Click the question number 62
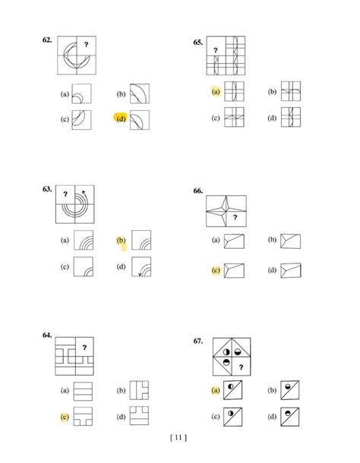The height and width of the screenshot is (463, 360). point(47,40)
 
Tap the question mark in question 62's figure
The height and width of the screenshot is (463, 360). point(86,45)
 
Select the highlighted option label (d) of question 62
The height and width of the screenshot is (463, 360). point(121,118)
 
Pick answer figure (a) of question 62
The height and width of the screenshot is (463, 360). point(81,94)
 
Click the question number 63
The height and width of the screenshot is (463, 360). point(47,189)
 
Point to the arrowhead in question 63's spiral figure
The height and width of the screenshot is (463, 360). point(84,192)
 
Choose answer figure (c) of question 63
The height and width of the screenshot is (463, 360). point(84,266)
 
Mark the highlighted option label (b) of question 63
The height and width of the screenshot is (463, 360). point(121,240)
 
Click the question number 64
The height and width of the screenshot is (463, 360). point(47,335)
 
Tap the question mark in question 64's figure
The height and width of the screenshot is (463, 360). point(84,348)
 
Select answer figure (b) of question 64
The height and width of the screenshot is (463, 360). point(139,390)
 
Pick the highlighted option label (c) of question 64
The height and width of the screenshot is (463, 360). point(65,417)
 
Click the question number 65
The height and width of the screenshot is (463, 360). point(198,43)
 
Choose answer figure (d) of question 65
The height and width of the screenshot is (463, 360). point(291,117)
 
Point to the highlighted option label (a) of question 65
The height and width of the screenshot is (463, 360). point(216,92)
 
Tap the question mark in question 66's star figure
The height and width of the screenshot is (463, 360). point(235,217)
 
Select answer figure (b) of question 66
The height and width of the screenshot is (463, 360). point(291,241)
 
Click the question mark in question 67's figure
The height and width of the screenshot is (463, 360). point(241,367)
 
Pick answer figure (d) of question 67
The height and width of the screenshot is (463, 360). point(290,417)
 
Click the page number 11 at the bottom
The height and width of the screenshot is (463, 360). point(178,437)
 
